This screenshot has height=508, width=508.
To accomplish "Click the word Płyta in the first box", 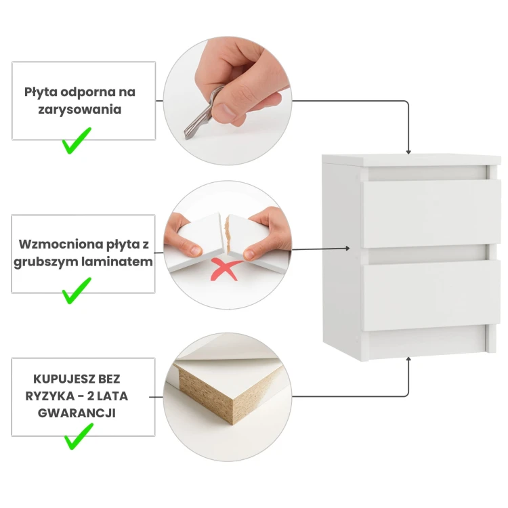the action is [41, 93].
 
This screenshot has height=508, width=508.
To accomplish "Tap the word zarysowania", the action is [80, 110].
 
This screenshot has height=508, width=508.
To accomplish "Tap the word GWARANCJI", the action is [77, 413].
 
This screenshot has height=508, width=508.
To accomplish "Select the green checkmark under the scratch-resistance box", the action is [77, 141].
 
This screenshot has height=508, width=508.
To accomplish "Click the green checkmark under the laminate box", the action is [77, 291].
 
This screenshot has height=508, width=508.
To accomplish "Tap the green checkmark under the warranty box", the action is [79, 436].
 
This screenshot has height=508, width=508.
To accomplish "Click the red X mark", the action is [225, 269].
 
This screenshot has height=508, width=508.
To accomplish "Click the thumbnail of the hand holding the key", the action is [228, 101].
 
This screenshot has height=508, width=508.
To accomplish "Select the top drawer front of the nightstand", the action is [431, 214].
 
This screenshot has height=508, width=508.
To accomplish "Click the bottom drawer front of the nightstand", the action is [431, 295].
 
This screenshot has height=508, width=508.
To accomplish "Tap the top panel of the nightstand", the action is [411, 161].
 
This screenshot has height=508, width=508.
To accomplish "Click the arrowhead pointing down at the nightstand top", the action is [408, 152].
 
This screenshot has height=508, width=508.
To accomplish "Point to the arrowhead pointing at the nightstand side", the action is [347, 249].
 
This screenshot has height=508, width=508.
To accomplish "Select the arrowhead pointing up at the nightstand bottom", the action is [408, 359].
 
